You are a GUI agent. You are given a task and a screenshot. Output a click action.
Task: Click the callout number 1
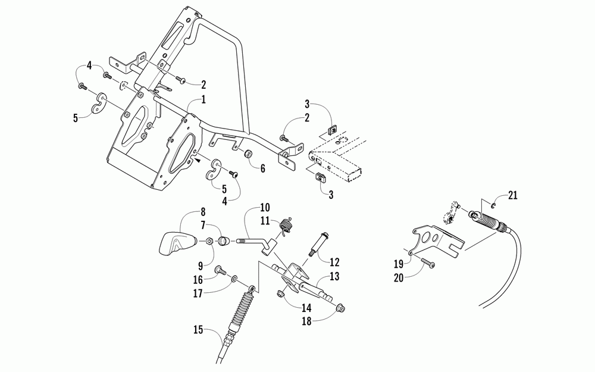[203, 100]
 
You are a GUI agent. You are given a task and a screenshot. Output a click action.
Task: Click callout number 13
[334, 277]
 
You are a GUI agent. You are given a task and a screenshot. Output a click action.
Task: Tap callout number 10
[265, 208]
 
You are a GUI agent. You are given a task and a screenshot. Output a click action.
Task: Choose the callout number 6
[262, 168]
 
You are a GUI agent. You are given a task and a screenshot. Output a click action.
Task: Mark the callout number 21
[513, 195]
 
